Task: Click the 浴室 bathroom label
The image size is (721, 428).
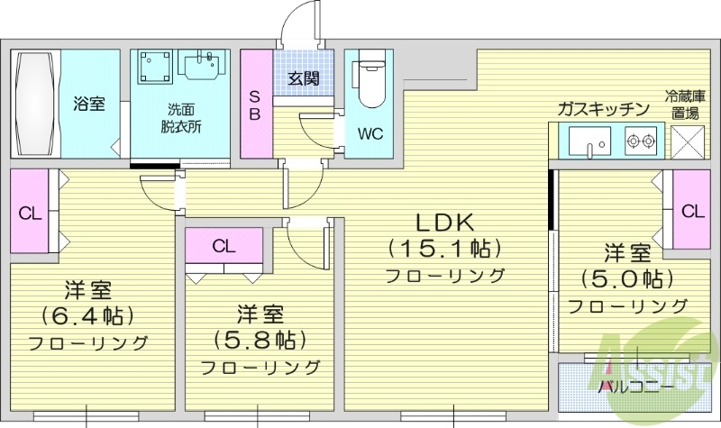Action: [x=89, y=104]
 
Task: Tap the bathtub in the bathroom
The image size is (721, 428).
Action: [x=35, y=105]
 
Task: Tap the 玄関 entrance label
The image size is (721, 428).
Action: [x=303, y=78]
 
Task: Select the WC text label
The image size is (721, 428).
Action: [x=370, y=135]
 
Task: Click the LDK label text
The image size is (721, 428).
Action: [x=444, y=222]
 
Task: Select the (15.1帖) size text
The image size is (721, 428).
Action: [x=444, y=248]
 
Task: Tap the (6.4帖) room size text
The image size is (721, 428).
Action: [x=87, y=316]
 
